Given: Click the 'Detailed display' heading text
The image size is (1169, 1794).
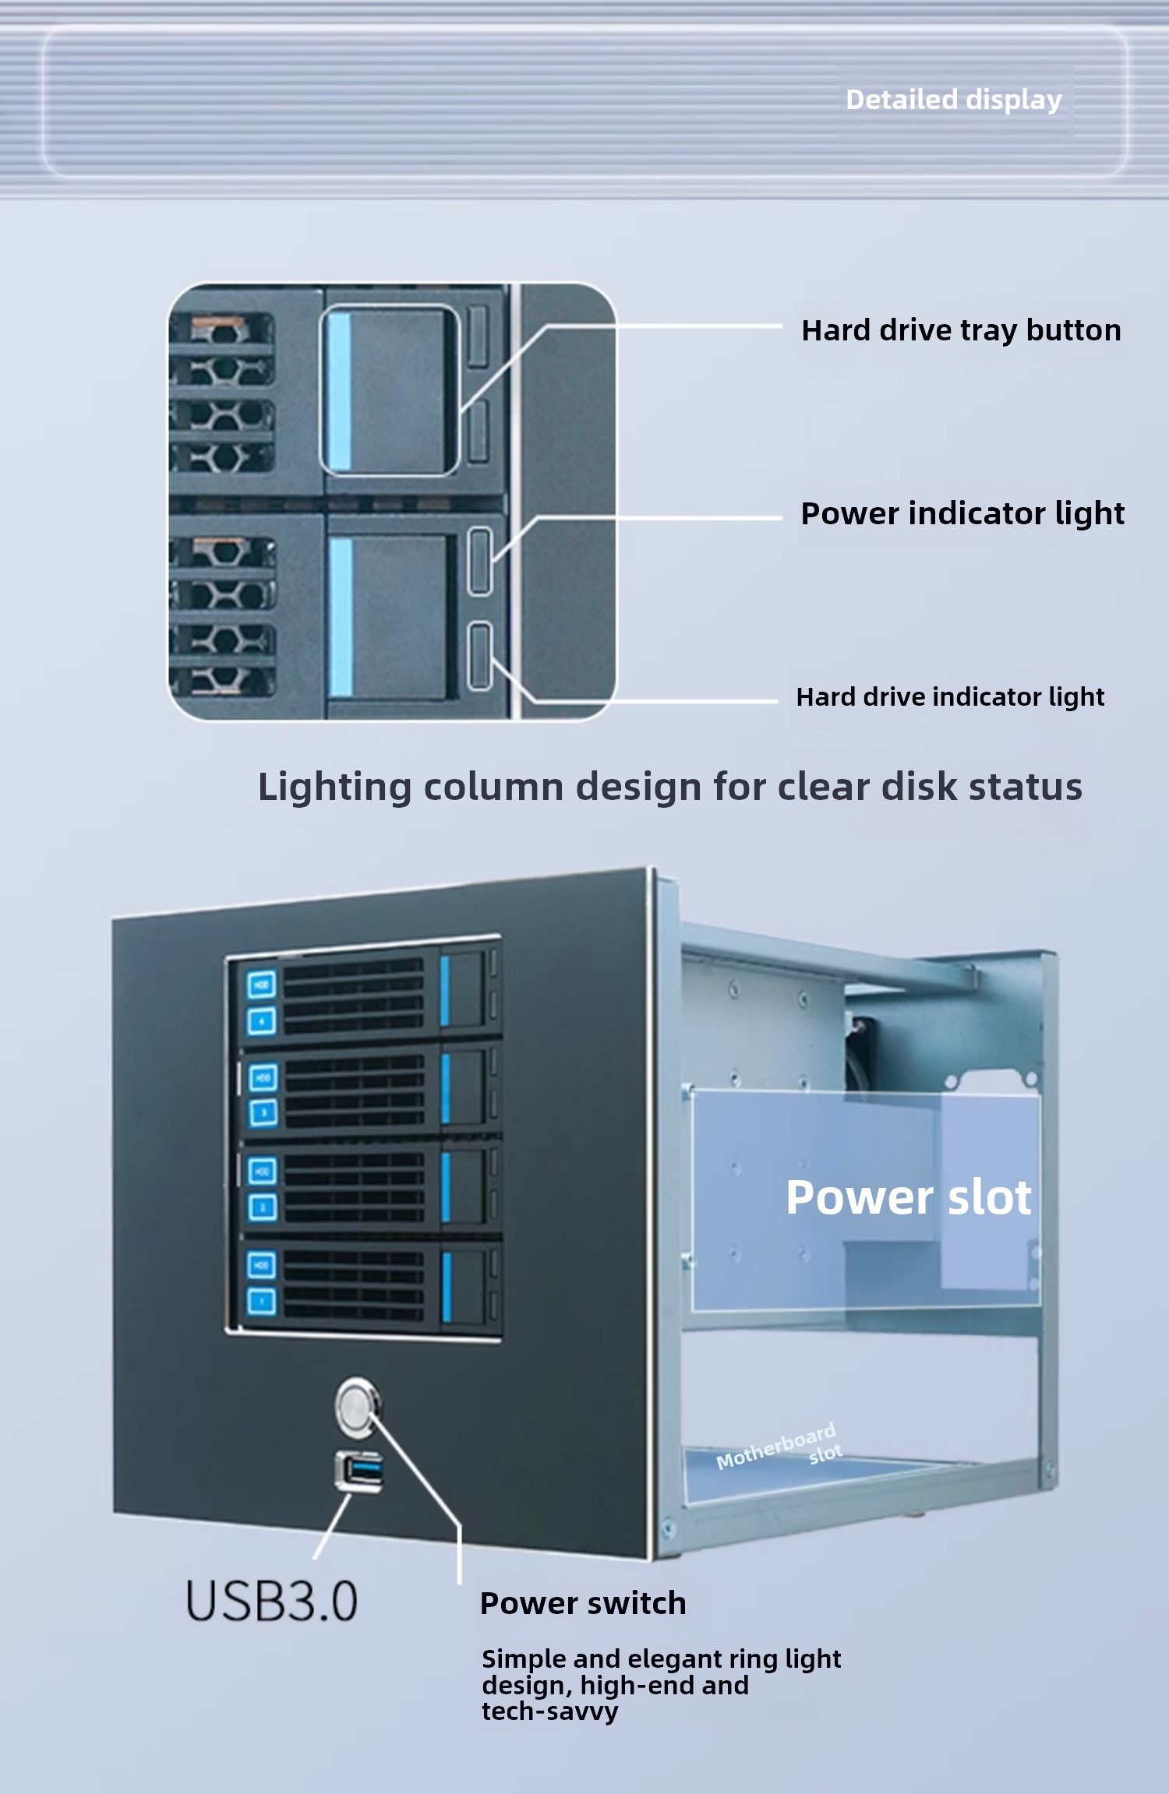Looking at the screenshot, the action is coord(954,100).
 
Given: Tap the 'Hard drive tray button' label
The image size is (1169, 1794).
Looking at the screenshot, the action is coord(961,331).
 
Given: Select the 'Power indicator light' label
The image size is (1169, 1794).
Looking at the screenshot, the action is coord(962,514).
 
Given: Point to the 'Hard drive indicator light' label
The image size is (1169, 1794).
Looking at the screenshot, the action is coord(950,697).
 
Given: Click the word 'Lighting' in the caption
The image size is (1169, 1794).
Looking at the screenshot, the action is coord(335,788).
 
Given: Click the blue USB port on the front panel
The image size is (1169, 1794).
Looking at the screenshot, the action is coord(359,1471).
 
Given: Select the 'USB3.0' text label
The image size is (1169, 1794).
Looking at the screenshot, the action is coord(271,1602).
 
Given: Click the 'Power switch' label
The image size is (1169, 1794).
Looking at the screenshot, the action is coord(583,1603).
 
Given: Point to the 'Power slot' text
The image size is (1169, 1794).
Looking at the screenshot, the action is coord(909,1197).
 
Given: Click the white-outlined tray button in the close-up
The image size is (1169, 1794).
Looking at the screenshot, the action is coord(389,389).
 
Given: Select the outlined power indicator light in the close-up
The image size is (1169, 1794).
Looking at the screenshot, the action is coord(480,561).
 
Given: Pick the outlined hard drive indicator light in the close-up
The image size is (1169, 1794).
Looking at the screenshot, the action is coord(481,656).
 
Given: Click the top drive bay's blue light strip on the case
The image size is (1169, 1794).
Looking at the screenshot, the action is coord(446,990).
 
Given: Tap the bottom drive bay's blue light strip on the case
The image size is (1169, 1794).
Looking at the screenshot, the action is coord(447,1286).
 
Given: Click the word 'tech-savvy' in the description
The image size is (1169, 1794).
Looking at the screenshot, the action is coord(550,1711).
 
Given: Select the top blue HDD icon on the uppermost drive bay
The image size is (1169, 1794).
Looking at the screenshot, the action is coord(262,984).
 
